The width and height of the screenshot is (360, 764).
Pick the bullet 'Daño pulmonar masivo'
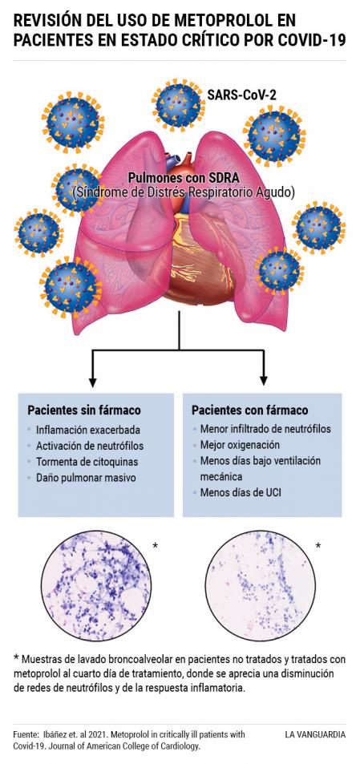[86, 478]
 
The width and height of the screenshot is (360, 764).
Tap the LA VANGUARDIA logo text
[315, 734]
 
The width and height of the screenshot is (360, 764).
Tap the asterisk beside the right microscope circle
[318, 546]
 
